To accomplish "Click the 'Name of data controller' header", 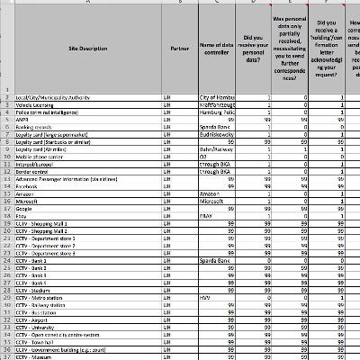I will [216, 45].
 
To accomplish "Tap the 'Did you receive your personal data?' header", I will [254, 45].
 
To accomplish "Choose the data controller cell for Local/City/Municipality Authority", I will [216, 95].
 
